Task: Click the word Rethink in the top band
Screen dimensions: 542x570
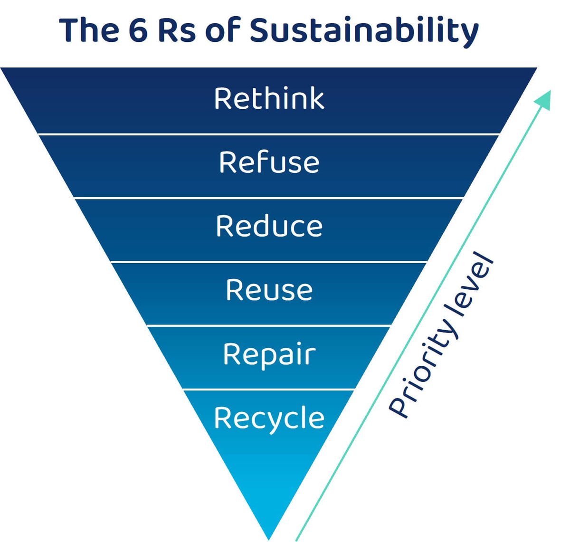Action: (269, 98)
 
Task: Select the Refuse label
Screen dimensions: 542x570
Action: (269, 162)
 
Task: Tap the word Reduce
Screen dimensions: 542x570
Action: (269, 226)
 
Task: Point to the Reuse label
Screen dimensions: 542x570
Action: (269, 290)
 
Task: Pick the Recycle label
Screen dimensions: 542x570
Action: (269, 418)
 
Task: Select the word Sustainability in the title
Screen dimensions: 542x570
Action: (364, 31)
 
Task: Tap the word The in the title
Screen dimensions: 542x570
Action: (89, 30)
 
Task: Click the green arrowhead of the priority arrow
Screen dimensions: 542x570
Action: (544, 99)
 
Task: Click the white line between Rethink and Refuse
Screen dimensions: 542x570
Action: (269, 134)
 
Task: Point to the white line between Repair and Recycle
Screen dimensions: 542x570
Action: (269, 390)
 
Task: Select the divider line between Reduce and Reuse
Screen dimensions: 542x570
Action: (269, 262)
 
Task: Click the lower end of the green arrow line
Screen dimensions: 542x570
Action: (296, 540)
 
